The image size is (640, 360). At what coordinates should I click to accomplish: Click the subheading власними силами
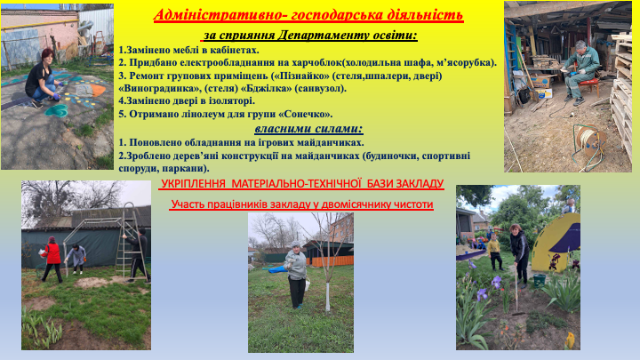[x=308, y=129]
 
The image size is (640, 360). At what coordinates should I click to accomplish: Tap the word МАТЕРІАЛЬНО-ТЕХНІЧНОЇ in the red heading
[x=297, y=184]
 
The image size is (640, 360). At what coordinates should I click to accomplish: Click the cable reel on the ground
[x=589, y=140]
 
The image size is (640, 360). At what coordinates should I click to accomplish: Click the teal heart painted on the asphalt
[x=56, y=110]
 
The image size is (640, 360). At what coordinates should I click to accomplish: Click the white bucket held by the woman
[x=308, y=284]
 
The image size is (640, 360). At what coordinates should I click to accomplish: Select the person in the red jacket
[x=52, y=260]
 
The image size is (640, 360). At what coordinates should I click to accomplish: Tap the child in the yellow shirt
[x=495, y=252]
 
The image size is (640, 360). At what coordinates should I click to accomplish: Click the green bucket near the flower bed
[x=540, y=281]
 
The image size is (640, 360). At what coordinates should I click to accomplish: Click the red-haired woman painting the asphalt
[x=43, y=79]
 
